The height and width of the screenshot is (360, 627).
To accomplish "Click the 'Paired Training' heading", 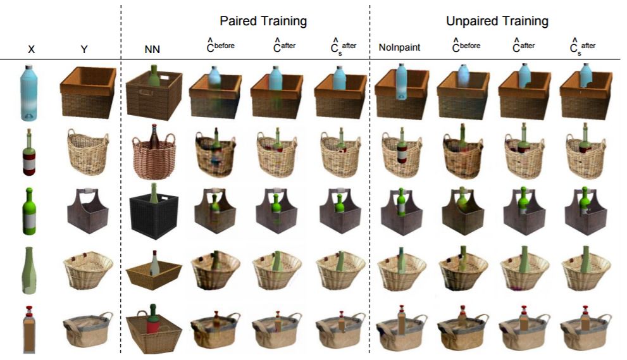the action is (263, 21).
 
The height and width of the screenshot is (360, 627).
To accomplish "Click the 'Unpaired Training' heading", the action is (497, 21).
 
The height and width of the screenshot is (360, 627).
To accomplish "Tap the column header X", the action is (31, 48).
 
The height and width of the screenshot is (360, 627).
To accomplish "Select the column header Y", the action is (84, 48).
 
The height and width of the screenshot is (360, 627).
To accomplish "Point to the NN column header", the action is (152, 48).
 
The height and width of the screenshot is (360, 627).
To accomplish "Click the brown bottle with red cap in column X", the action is (29, 329).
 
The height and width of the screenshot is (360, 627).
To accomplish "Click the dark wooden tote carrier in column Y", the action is (87, 212).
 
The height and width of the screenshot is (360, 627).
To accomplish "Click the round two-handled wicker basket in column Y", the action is (87, 153).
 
